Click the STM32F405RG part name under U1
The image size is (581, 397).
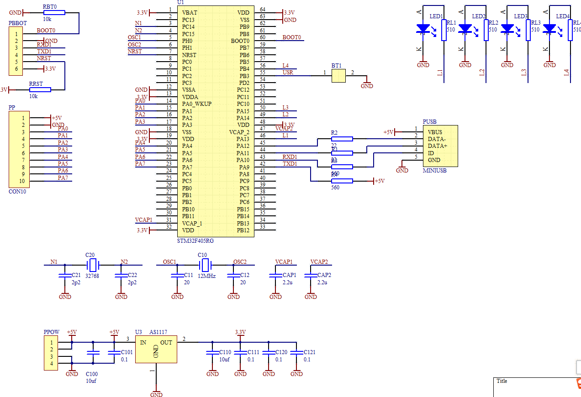[x=195, y=240]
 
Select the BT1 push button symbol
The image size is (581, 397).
[x=338, y=76]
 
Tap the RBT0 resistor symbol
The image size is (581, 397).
[x=54, y=13]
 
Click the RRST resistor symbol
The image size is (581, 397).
[x=40, y=90]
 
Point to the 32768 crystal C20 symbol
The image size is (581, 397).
[x=93, y=265]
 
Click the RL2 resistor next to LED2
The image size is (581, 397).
[x=486, y=30]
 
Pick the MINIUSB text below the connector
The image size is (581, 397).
[x=434, y=171]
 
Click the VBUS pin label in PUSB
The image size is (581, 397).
[x=434, y=132]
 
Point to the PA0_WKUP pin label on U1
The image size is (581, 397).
[x=197, y=104]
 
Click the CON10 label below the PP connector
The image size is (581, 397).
[x=17, y=192]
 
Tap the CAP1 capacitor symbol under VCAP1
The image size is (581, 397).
[x=275, y=276]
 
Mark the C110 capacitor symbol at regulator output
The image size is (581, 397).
[x=212, y=353]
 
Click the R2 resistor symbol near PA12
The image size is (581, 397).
[x=342, y=139]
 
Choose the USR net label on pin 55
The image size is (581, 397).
[x=288, y=73]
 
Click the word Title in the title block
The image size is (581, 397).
[x=502, y=381]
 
